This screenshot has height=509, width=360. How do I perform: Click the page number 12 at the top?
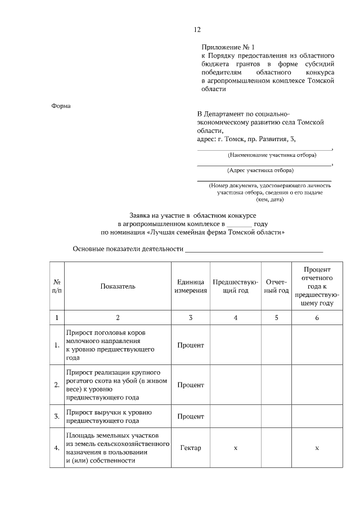coord(197,30)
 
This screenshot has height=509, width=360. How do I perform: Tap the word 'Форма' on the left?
coord(61,106)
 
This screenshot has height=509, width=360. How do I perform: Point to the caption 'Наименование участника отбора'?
coord(264,155)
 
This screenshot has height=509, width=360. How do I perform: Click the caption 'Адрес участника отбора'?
coord(263,170)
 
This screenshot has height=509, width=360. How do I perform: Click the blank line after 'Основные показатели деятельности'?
coord(255,249)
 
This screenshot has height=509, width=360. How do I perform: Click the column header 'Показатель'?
coord(118,286)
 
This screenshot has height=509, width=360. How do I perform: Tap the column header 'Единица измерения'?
coord(190,286)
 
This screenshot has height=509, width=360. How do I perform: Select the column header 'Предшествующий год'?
coord(235,286)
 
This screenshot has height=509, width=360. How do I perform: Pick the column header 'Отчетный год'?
coord(276,286)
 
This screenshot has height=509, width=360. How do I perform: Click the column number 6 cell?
coord(317,318)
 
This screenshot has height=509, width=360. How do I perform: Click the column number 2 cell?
coord(118,318)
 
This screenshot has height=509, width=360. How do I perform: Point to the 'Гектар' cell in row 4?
coord(190,448)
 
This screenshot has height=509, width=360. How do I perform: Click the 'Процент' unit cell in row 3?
coord(190,416)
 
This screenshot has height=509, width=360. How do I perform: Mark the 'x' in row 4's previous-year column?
coord(235,448)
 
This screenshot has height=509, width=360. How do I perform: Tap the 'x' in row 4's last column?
coord(317,448)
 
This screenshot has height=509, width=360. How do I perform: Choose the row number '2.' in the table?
coord(57,385)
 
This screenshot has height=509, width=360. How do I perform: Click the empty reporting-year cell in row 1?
coord(276,345)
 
